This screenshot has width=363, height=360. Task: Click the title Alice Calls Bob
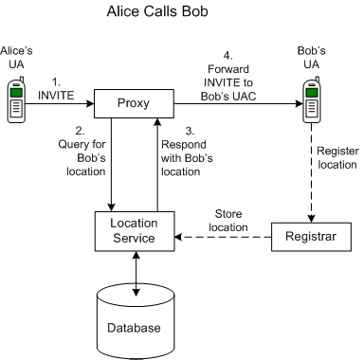[x=182, y=14]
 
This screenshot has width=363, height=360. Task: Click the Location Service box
[x=136, y=230]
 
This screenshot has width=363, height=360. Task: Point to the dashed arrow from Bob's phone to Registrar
[x=308, y=171]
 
